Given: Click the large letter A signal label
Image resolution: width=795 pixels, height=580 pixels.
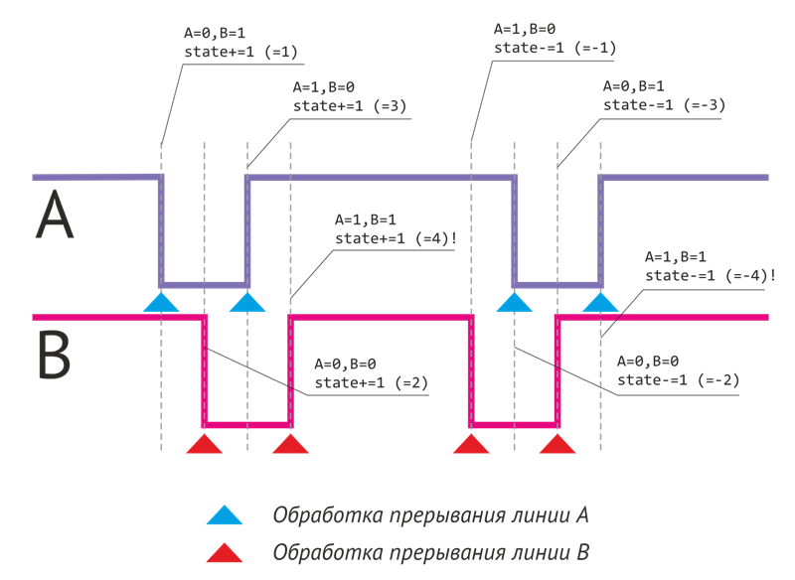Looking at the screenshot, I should (x=55, y=217).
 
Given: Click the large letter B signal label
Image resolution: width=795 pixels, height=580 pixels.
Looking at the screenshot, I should (x=55, y=356).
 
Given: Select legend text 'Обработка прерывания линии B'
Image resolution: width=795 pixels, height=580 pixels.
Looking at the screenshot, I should (x=430, y=551).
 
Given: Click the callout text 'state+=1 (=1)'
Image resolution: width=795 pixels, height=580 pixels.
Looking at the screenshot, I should (x=240, y=51).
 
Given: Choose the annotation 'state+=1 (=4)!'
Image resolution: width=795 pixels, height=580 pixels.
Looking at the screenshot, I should (x=396, y=238).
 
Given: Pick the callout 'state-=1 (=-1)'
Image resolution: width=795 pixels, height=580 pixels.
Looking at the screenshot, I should (x=556, y=48).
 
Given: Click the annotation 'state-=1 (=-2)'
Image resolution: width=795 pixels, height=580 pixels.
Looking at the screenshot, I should (x=679, y=379).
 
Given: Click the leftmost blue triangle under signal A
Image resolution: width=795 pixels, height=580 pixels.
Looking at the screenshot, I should (x=161, y=302).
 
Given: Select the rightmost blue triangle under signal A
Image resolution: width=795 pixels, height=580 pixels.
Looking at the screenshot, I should (x=600, y=302).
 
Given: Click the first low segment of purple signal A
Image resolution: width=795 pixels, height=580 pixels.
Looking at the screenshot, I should (x=204, y=285).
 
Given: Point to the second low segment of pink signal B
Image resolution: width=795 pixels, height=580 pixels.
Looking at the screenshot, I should (x=514, y=425).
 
